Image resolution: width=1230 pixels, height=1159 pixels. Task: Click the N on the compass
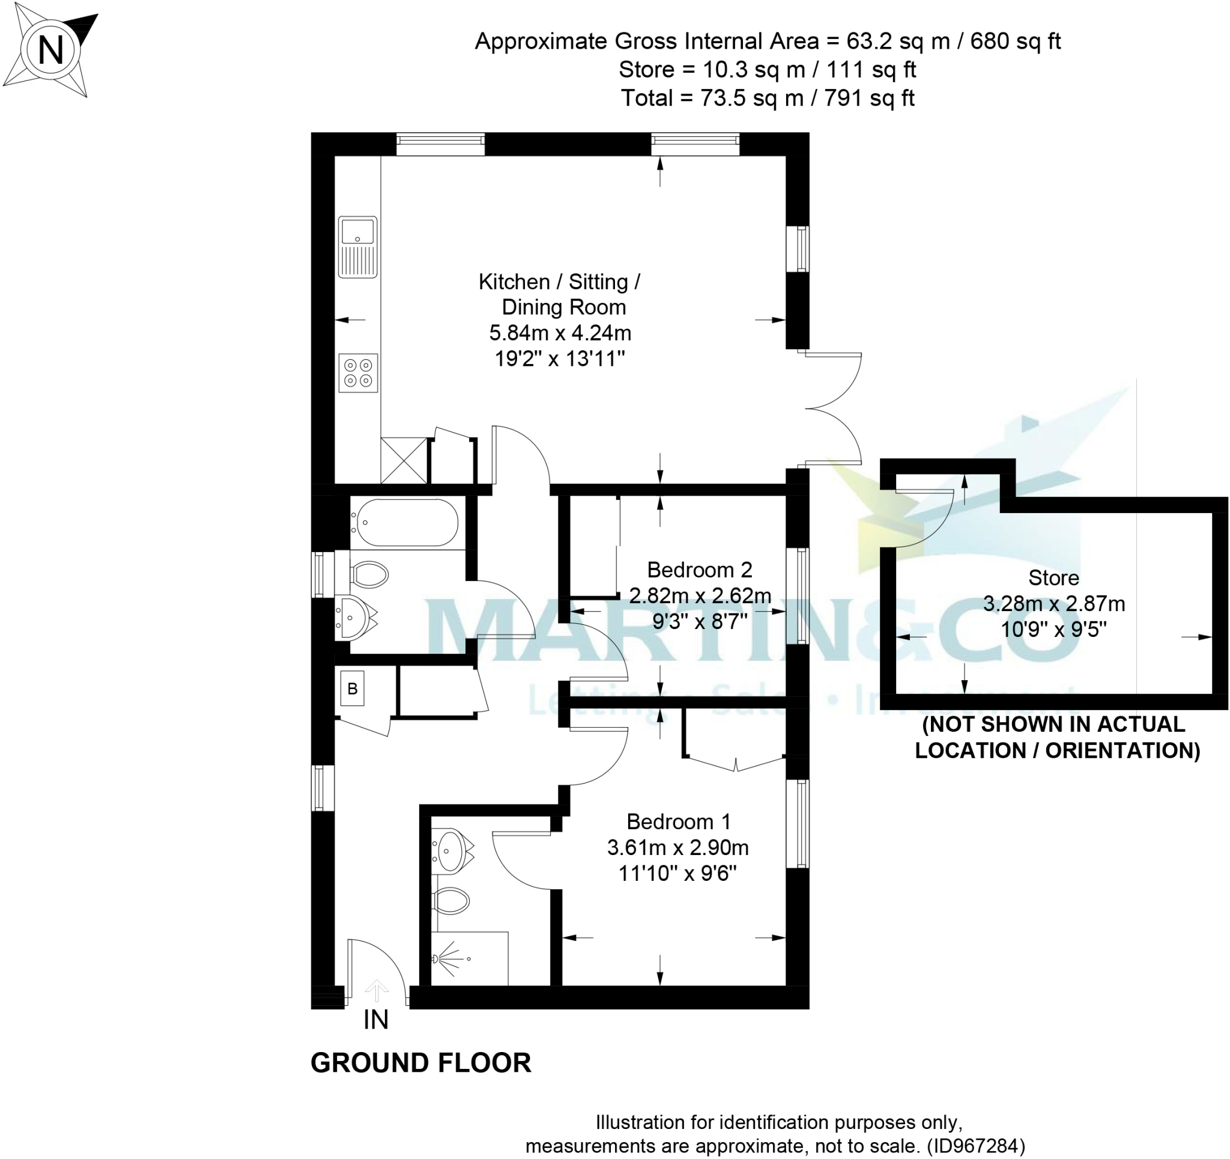click(50, 50)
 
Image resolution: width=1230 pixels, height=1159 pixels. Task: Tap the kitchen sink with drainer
click(357, 246)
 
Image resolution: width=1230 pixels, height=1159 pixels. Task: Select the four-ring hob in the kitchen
click(358, 373)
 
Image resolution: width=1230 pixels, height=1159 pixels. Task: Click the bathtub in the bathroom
click(405, 523)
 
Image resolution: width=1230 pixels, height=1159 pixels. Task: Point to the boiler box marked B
click(352, 689)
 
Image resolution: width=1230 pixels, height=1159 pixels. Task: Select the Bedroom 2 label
click(699, 570)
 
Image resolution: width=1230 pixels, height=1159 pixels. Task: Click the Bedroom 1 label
click(678, 821)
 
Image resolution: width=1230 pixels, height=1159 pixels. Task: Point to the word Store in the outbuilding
click(1053, 577)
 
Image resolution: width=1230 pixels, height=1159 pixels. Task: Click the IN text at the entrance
click(375, 1019)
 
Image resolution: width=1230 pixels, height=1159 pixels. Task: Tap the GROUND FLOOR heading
click(421, 1062)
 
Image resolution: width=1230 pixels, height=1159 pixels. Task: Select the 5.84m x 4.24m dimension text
click(560, 333)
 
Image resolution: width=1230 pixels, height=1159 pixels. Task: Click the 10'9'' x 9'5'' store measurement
click(1053, 630)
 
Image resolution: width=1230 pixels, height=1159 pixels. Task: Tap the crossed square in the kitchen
click(404, 460)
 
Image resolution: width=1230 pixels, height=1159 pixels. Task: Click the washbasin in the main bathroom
click(353, 617)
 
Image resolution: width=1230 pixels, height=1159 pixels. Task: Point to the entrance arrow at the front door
click(376, 990)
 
